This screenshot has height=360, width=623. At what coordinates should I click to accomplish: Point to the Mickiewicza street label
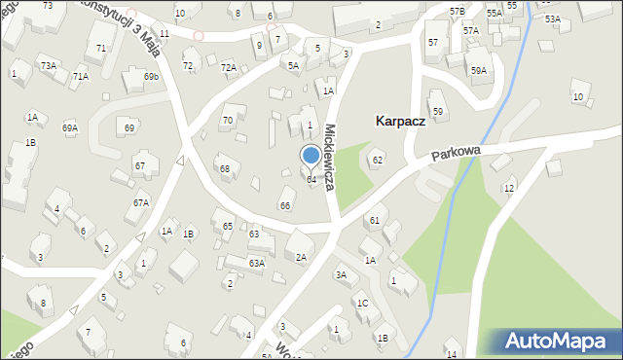click(x=331, y=156)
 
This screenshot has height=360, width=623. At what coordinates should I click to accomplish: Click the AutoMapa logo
click(x=561, y=341)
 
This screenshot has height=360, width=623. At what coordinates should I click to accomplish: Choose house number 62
click(x=378, y=160)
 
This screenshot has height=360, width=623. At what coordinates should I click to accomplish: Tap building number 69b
click(x=151, y=76)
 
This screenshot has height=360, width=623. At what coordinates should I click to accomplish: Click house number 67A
click(x=141, y=202)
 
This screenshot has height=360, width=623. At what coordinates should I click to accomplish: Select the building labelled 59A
click(x=478, y=70)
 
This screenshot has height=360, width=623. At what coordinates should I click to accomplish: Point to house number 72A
click(x=229, y=67)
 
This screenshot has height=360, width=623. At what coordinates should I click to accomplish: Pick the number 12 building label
click(x=508, y=188)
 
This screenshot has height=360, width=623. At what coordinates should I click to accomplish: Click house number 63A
click(x=256, y=263)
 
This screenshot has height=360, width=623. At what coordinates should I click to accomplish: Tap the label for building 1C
click(x=362, y=304)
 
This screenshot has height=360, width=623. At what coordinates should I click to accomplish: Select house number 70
click(x=227, y=121)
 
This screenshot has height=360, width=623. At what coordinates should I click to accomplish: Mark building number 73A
click(x=47, y=64)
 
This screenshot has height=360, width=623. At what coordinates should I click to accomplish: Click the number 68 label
click(x=225, y=169)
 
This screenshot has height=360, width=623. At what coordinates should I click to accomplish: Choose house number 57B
click(x=458, y=11)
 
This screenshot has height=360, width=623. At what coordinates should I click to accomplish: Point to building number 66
click(x=285, y=205)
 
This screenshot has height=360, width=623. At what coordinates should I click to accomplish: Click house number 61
click(x=374, y=221)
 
